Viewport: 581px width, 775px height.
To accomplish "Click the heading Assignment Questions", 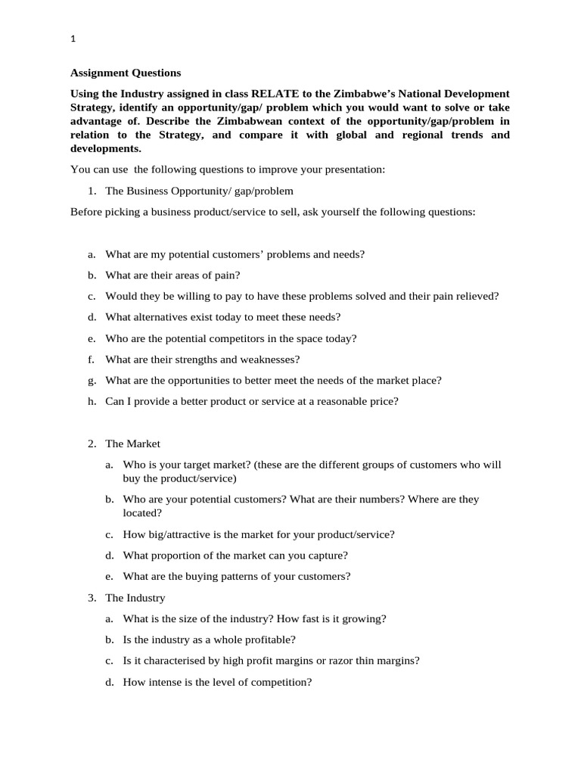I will (x=126, y=73).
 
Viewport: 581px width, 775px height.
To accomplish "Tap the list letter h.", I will (x=91, y=402).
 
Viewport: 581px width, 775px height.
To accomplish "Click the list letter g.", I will (x=91, y=381).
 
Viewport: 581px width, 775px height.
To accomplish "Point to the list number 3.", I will (x=91, y=598).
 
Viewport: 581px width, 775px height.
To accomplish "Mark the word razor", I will (x=346, y=661).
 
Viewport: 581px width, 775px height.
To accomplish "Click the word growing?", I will (x=363, y=618).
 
